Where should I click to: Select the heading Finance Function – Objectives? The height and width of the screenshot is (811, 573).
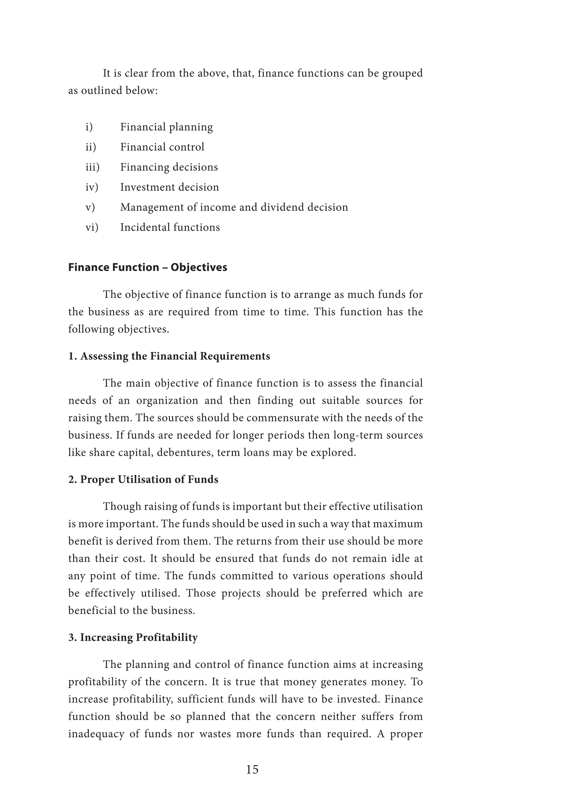[147, 267]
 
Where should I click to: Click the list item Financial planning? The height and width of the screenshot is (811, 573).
[166, 127]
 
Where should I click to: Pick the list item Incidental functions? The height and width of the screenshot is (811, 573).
[170, 227]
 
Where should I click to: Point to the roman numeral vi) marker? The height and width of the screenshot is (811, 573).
[92, 227]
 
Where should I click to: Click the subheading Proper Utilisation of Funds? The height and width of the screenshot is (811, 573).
[143, 479]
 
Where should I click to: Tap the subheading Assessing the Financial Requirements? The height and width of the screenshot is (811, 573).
[169, 356]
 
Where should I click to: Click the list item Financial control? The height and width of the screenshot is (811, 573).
[162, 147]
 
